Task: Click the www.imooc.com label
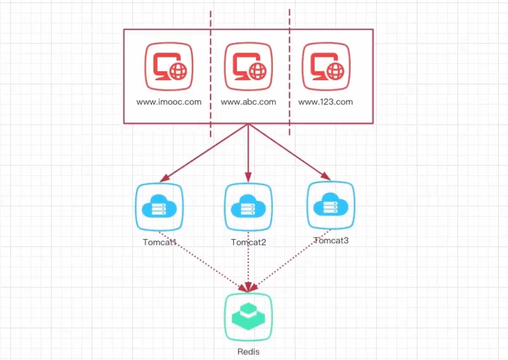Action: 169,102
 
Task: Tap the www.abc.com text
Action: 248,102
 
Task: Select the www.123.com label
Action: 326,102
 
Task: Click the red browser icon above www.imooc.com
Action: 169,65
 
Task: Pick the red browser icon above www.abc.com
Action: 248,65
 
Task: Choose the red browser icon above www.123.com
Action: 327,65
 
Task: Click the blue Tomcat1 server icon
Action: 158,207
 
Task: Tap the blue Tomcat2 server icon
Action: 248,207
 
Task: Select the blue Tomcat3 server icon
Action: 330,206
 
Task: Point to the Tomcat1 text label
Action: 159,242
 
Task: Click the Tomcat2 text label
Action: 248,242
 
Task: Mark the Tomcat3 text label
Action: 332,240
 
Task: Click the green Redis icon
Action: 248,317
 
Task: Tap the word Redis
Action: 248,352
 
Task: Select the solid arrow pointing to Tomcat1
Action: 203,152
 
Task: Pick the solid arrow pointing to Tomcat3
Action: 290,152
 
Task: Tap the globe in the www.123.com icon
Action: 335,71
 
